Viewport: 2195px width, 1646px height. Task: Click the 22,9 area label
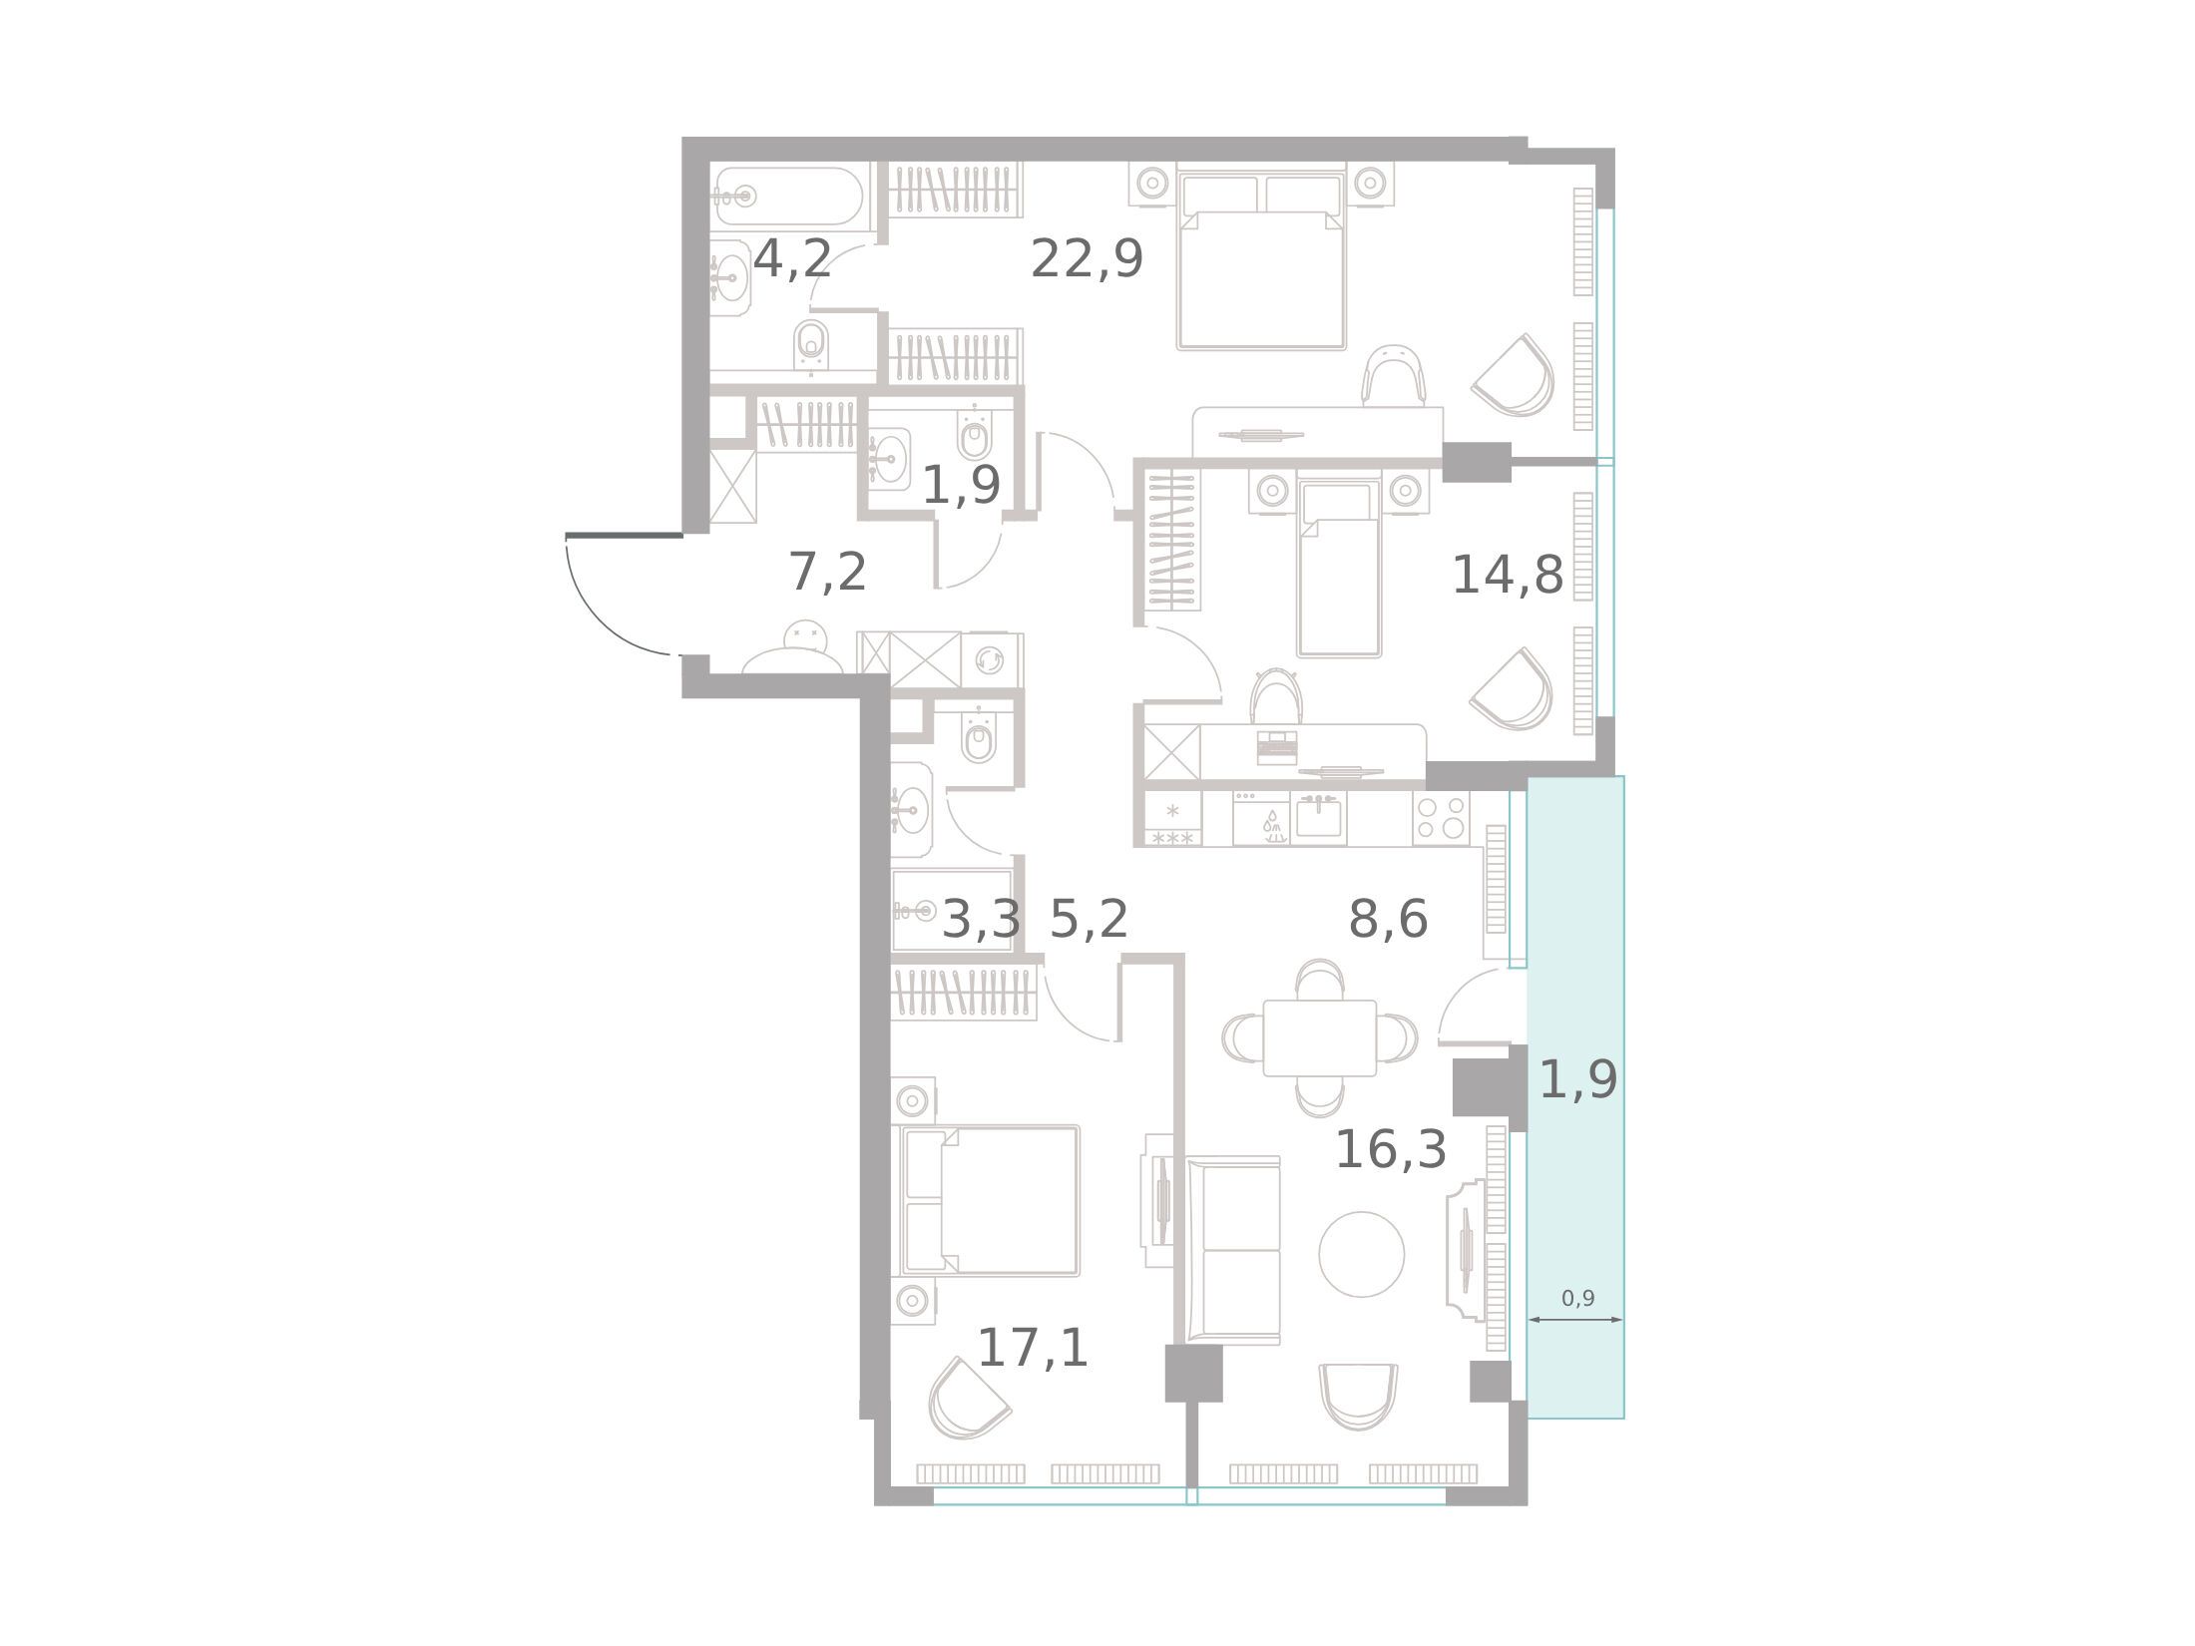tap(1087, 259)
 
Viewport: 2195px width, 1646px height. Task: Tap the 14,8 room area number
tap(1507, 576)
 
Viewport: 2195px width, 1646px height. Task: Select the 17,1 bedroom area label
tap(1033, 1349)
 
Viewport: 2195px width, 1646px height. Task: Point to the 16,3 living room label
tap(1391, 1150)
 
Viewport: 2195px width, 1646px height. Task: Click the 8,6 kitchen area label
tap(1388, 919)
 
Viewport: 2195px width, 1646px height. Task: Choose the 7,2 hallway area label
tap(828, 573)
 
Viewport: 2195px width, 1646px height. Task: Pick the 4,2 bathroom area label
tap(792, 259)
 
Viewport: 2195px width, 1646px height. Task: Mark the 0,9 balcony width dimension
tap(1577, 1299)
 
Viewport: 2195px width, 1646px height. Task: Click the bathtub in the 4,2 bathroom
tap(788, 196)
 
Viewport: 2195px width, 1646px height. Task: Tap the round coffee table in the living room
tap(1361, 1254)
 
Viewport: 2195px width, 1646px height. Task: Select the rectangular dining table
tap(1319, 1038)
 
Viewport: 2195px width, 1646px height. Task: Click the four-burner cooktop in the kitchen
tap(1441, 819)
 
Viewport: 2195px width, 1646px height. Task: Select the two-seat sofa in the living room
tap(1233, 1251)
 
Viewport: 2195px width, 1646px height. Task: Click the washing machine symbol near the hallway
tap(990, 659)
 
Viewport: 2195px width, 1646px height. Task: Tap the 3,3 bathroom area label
tap(982, 919)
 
